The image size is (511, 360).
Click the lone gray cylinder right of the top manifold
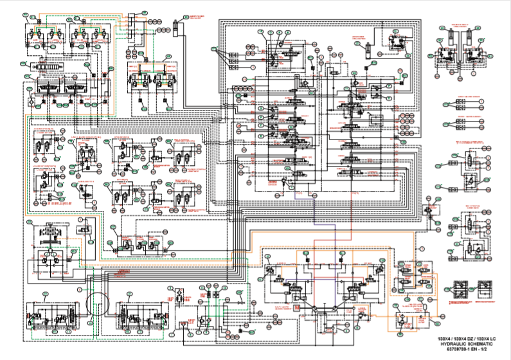click(x=175, y=28)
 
